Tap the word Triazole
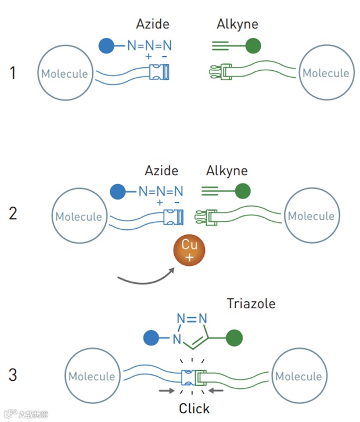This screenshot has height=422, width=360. point(251,304)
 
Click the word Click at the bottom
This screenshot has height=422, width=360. point(194,408)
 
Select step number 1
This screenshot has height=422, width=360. point(13,74)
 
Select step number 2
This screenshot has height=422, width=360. point(13,214)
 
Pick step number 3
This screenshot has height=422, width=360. point(13,375)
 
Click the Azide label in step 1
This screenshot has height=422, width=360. point(153,24)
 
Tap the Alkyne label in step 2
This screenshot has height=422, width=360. point(227,171)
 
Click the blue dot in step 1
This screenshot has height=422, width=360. point(106,46)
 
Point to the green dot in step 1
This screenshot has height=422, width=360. point(253,46)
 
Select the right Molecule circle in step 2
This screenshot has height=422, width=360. point(311,216)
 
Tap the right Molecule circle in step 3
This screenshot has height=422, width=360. point(298,376)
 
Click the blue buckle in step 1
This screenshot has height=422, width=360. point(159,73)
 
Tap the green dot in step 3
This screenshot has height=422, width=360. point(234,337)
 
